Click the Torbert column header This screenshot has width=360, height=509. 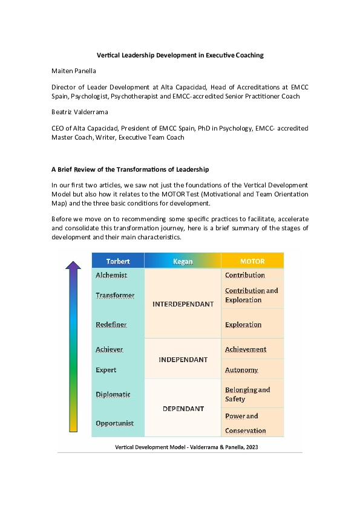118,261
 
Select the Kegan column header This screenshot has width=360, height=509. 183,261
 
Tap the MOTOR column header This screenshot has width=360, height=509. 252,261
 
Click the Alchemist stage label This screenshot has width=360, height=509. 111,275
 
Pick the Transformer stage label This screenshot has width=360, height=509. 115,296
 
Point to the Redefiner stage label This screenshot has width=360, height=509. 111,325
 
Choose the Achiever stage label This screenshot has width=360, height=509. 110,349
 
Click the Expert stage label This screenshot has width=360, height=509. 106,370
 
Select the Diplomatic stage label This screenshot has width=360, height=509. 113,395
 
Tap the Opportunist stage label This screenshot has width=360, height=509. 115,423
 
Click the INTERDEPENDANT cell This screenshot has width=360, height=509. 183,304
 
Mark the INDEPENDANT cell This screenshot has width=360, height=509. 183,360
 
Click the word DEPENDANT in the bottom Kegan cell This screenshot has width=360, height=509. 183,409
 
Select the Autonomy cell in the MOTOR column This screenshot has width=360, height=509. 241,370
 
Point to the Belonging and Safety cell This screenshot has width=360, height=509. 247,394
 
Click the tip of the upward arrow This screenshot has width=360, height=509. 73,262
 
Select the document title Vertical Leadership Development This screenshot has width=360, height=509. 180,55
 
